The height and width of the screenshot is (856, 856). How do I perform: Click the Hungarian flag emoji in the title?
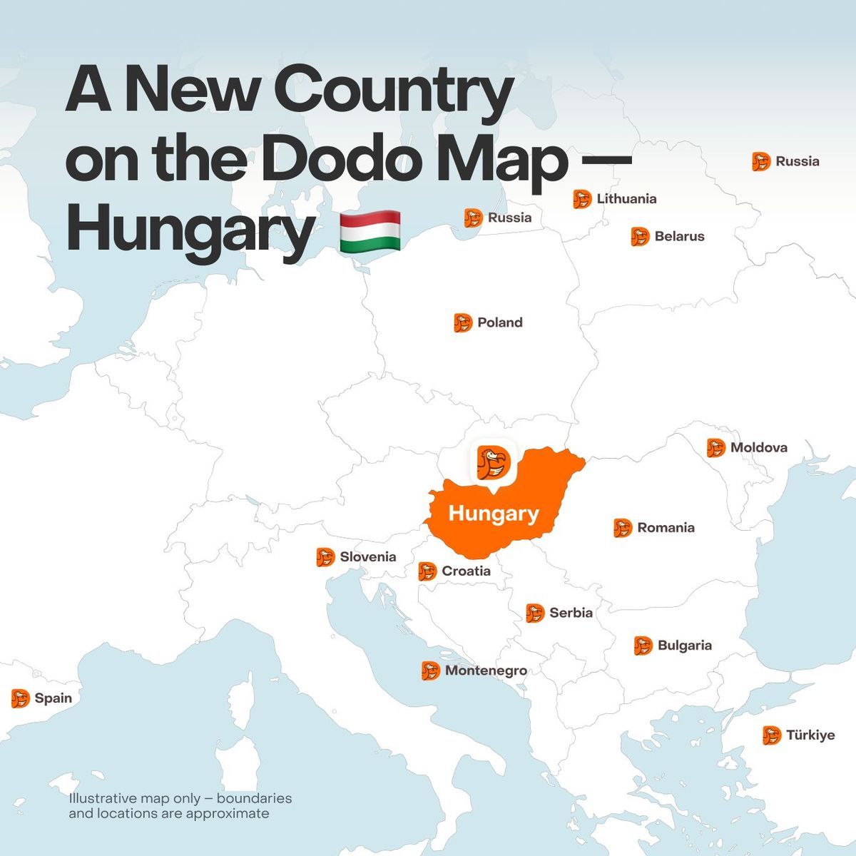click(x=370, y=231)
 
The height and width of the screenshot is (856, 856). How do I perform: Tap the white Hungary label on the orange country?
click(x=494, y=514)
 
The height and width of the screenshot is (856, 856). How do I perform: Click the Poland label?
click(x=499, y=322)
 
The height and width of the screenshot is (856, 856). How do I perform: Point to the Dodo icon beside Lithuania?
click(x=582, y=199)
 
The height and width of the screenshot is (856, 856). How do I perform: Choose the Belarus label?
click(x=679, y=236)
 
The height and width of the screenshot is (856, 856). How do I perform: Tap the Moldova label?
click(x=758, y=447)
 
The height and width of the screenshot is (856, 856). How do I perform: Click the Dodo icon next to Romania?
click(x=623, y=528)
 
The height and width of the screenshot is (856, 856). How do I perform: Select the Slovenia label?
click(x=367, y=557)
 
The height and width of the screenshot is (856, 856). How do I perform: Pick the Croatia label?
click(x=466, y=571)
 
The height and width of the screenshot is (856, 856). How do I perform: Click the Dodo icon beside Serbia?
click(x=535, y=613)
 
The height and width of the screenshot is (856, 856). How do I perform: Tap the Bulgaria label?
click(x=684, y=646)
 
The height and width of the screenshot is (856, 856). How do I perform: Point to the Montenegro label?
click(x=486, y=671)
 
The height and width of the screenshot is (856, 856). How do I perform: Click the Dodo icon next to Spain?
click(x=20, y=698)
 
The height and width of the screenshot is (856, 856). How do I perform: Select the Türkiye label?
click(x=810, y=735)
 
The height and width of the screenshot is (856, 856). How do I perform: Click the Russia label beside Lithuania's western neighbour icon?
click(x=509, y=218)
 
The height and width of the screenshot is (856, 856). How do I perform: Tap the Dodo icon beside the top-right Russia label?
click(x=761, y=161)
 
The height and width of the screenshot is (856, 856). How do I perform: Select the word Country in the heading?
click(x=393, y=90)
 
